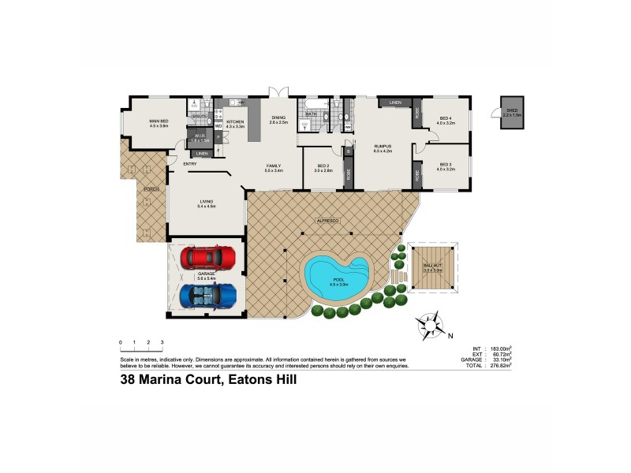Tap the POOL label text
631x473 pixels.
[x=338, y=279]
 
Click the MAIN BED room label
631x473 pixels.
[x=159, y=121]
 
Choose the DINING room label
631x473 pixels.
[x=278, y=117]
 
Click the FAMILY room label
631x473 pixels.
[x=274, y=166]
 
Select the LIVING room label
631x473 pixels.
[x=206, y=202]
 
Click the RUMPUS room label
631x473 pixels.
[x=383, y=146]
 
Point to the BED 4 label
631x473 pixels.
[x=446, y=118]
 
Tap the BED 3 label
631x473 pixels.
[x=446, y=165]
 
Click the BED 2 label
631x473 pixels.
[x=323, y=166]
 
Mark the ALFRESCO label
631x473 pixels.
[x=327, y=221]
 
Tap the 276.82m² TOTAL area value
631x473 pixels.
[x=498, y=366]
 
